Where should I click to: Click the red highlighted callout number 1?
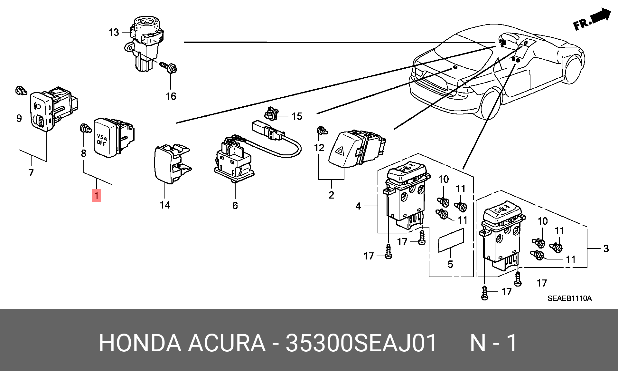[x=96, y=195]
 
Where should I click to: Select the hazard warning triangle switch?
[x=357, y=149]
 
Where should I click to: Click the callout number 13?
[x=114, y=32]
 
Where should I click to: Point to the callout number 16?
[x=171, y=96]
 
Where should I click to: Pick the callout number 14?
[x=165, y=205]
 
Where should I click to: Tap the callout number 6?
[x=235, y=206]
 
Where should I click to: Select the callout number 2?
[x=331, y=195]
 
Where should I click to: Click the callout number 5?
[x=450, y=264]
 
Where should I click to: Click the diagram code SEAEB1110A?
[x=569, y=298]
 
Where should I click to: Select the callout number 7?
[x=31, y=173]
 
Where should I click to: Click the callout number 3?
[x=606, y=248]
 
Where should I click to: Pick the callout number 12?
[x=319, y=148]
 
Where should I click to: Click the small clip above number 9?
[x=21, y=91]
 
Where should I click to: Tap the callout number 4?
[x=358, y=206]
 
